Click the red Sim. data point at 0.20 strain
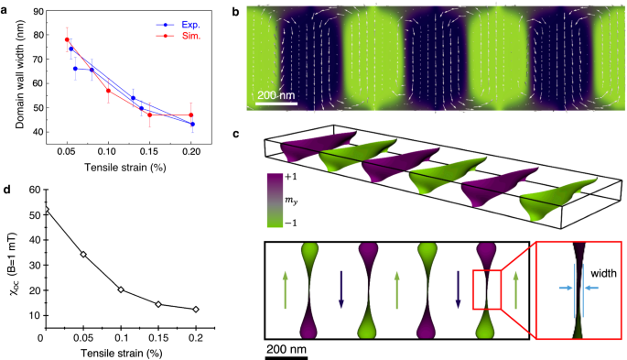coord(191,115)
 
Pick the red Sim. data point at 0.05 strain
coord(67,40)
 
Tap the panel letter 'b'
coord(235,10)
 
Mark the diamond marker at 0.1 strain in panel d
coord(121,289)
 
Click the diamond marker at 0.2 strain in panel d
coord(195,310)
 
